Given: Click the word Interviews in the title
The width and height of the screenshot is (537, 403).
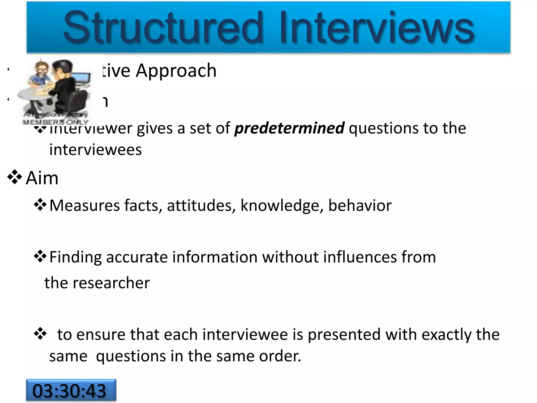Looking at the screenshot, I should click(x=377, y=28).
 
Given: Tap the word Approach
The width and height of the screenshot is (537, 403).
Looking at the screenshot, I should click(x=176, y=71).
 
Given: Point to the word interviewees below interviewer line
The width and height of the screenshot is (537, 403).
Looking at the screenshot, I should click(x=95, y=150).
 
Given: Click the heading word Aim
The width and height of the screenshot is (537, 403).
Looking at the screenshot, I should click(x=42, y=178).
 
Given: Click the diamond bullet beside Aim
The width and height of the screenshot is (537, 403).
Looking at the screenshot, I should click(x=15, y=177).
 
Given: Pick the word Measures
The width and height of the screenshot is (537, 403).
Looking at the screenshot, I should click(x=85, y=205).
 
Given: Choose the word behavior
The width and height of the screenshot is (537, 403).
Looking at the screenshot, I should click(x=360, y=205).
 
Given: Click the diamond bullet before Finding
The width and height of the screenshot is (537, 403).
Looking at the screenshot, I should click(x=40, y=256).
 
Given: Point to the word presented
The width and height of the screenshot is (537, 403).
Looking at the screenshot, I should click(x=344, y=335).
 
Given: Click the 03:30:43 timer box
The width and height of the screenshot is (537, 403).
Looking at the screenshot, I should click(x=71, y=390).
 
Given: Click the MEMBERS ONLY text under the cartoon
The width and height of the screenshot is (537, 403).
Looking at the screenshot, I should click(x=56, y=122).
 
